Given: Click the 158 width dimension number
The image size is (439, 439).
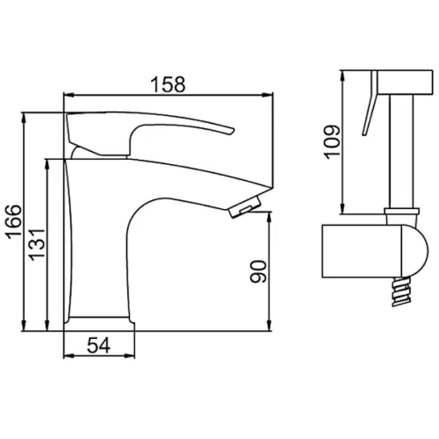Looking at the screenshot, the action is pos(168,84).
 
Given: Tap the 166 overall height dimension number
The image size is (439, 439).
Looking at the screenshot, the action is pos(15,221).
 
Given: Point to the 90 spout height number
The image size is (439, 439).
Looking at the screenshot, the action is pos(258,271).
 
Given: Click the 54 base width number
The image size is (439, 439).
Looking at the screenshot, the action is pos(98,345).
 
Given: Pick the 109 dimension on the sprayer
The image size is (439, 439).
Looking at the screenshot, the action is pos(333,142).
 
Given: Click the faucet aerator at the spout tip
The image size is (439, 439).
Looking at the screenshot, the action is pos(245,206).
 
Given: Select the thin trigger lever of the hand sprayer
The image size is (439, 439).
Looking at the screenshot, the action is pos(370,103).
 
